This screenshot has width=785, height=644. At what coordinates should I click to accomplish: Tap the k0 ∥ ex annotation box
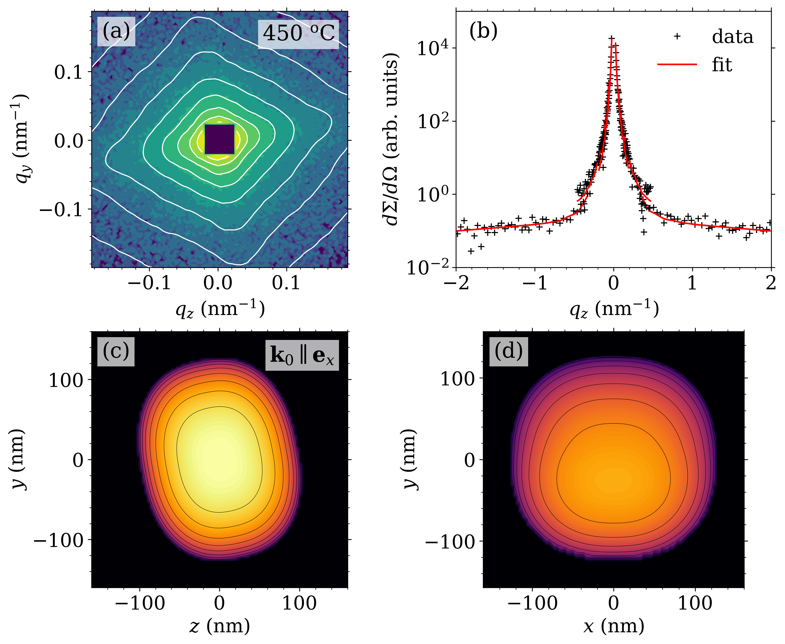[302, 355]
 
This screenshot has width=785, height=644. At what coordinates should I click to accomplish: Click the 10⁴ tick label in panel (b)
[432, 49]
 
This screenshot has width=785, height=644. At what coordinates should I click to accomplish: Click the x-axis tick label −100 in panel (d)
[532, 603]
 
